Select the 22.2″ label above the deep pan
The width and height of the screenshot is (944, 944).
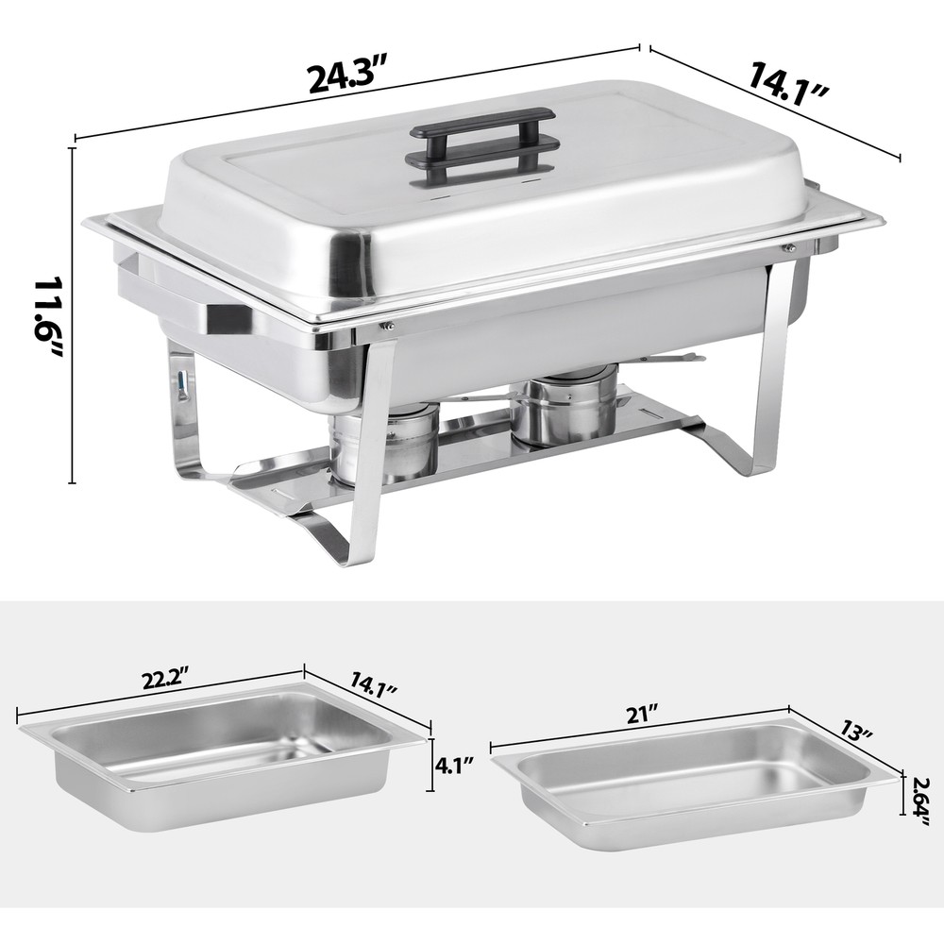(x=160, y=681)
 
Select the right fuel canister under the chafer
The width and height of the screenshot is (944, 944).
(x=564, y=406)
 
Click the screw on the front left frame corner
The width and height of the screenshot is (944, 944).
(x=386, y=327)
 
